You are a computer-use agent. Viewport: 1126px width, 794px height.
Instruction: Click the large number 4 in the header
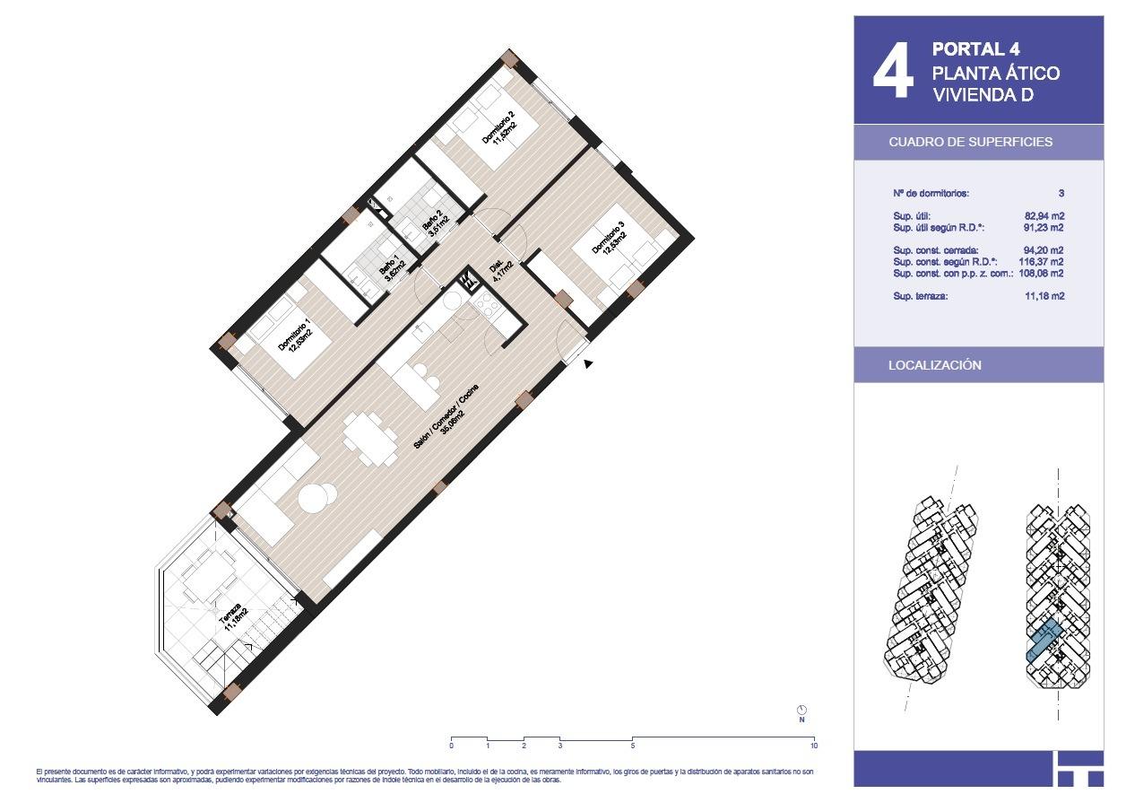point(893,71)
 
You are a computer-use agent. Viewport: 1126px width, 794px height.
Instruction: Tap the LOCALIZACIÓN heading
point(934,365)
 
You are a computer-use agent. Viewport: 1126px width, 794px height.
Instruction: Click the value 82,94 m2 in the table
point(1044,216)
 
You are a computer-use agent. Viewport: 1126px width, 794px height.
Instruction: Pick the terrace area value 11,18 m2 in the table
point(1044,296)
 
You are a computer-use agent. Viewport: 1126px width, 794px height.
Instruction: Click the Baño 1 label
point(393,267)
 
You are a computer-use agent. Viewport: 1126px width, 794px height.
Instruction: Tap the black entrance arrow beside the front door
point(588,363)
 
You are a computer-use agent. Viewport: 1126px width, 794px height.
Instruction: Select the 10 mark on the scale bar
point(813,746)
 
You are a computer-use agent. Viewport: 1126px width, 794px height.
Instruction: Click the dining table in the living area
point(370,438)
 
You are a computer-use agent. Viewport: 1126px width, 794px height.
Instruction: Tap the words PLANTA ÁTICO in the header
point(995,73)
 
